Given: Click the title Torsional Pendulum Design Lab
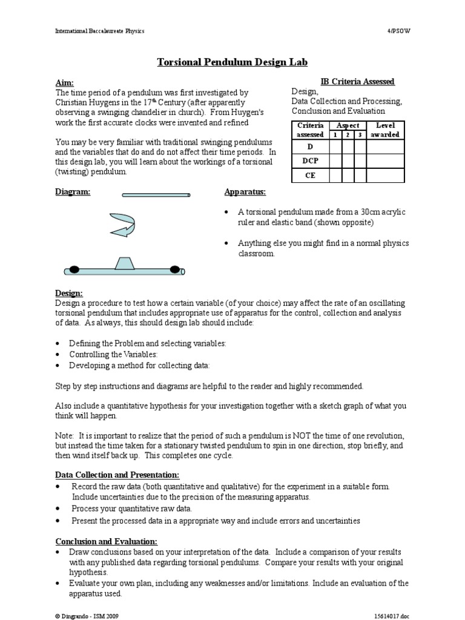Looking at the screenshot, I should [x=232, y=62].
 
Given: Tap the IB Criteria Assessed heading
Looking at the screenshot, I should [x=357, y=82].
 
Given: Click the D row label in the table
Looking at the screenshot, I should [x=310, y=147].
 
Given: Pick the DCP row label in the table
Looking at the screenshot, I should [x=310, y=161].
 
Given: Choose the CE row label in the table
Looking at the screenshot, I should [x=310, y=176].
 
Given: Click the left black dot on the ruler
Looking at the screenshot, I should [x=73, y=269].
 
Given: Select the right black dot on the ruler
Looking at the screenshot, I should [x=175, y=269].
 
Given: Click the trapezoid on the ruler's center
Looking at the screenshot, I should [x=124, y=263].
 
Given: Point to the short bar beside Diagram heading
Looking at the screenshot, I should [x=156, y=195].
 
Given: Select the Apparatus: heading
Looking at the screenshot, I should [x=245, y=192].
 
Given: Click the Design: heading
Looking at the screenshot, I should [x=69, y=293].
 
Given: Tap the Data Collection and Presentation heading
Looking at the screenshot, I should [x=117, y=475].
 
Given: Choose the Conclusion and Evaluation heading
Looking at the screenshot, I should [x=107, y=541].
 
